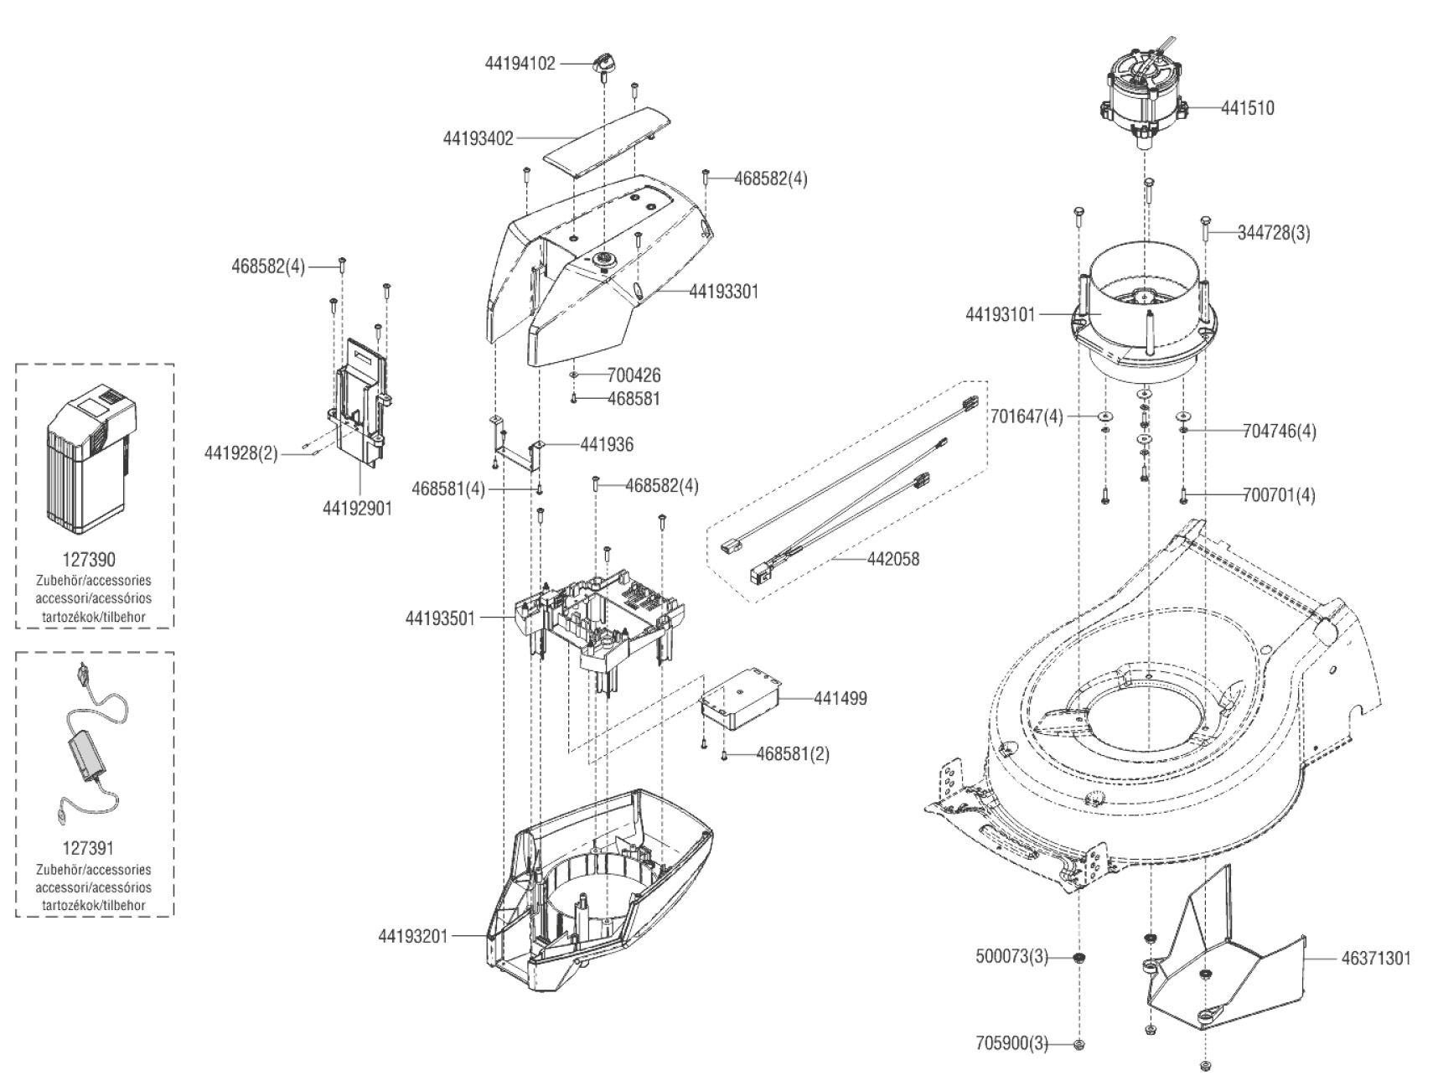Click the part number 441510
tap(1247, 108)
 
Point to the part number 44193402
tap(478, 137)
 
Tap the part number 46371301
tap(1369, 958)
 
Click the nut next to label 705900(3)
tap(1079, 1044)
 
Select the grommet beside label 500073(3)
tap(1079, 958)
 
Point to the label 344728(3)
tap(1274, 234)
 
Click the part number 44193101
tap(1001, 315)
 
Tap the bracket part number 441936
tap(607, 444)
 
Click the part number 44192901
tap(357, 508)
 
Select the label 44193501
tap(440, 618)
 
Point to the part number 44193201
tap(413, 936)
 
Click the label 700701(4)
tap(1280, 495)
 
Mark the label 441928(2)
tap(241, 453)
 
